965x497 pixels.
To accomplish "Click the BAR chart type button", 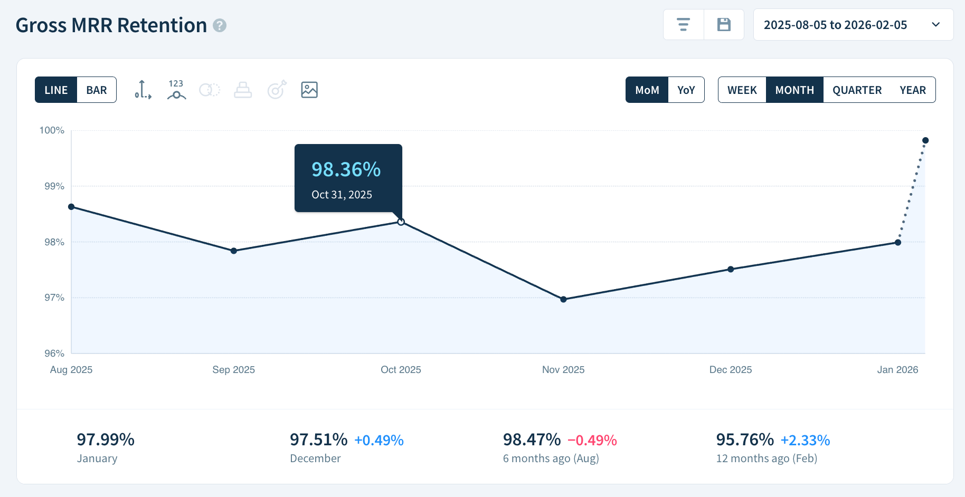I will (x=97, y=90).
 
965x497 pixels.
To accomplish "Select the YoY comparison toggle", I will (x=686, y=90).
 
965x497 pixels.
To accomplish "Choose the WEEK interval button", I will (x=742, y=90).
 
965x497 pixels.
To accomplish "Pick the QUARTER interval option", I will (x=857, y=90).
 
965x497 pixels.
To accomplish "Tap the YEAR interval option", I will (x=912, y=90).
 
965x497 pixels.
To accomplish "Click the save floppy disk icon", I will (x=724, y=25).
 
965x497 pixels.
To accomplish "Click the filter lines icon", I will (x=684, y=25).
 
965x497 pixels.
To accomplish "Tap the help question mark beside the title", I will (x=220, y=25).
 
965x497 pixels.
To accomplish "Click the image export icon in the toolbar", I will (x=309, y=90).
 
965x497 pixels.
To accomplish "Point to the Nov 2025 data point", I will (x=563, y=299).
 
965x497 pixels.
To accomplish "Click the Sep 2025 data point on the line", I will (x=234, y=251).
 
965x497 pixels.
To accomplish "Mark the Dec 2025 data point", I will (x=731, y=269).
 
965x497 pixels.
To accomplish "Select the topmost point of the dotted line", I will (x=925, y=140).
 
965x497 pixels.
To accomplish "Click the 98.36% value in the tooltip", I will (x=346, y=169).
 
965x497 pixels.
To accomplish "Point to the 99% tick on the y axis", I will (x=54, y=186).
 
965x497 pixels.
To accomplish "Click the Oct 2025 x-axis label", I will (x=401, y=370).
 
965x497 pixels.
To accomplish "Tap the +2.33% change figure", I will (x=805, y=440).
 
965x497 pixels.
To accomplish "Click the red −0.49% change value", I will (x=592, y=440).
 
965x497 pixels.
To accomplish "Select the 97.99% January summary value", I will (x=106, y=439).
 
